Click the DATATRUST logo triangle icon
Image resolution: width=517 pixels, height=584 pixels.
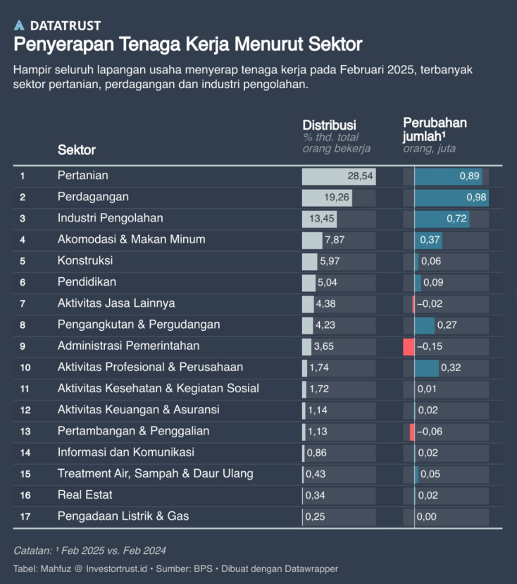click(x=19, y=25)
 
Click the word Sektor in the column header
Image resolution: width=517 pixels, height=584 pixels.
click(x=76, y=150)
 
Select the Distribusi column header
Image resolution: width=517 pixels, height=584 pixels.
click(x=329, y=125)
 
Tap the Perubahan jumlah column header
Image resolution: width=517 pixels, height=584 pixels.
click(x=435, y=129)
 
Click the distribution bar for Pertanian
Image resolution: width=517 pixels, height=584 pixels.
click(x=338, y=176)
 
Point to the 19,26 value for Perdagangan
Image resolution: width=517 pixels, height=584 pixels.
click(x=337, y=197)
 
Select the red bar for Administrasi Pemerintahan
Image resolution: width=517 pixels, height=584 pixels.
click(x=409, y=346)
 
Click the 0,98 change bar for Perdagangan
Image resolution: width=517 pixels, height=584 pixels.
click(x=451, y=197)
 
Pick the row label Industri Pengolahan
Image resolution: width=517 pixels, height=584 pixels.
click(x=110, y=218)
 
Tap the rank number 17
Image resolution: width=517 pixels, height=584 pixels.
click(x=25, y=517)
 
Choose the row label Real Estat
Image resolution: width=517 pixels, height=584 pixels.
click(x=85, y=495)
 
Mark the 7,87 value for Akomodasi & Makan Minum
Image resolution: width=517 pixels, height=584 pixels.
click(x=335, y=240)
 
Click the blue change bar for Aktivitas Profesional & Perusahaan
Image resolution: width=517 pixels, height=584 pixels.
click(x=426, y=367)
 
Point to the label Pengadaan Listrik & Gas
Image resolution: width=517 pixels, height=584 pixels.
click(x=123, y=516)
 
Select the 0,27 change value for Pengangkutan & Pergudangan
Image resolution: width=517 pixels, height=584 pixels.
click(x=447, y=325)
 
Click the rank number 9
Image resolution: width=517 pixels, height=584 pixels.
click(x=23, y=346)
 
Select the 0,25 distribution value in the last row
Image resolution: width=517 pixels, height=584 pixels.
click(x=315, y=517)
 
